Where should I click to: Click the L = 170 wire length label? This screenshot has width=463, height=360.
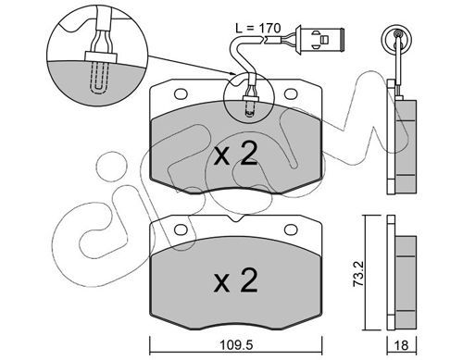point(258,28)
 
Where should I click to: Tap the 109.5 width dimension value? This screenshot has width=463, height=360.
point(236,345)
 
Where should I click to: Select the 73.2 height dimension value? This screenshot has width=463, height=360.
point(359,275)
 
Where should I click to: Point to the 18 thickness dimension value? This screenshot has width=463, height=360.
point(402,345)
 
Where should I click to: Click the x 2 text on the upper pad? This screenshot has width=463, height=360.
point(236,155)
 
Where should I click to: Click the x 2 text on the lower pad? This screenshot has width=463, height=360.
point(236,281)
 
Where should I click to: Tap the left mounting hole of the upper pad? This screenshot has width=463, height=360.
point(181,93)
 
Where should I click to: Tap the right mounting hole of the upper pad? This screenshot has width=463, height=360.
point(291,93)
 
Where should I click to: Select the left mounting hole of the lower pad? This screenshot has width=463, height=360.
point(181,230)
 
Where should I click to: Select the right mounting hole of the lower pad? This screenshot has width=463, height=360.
point(291,230)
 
